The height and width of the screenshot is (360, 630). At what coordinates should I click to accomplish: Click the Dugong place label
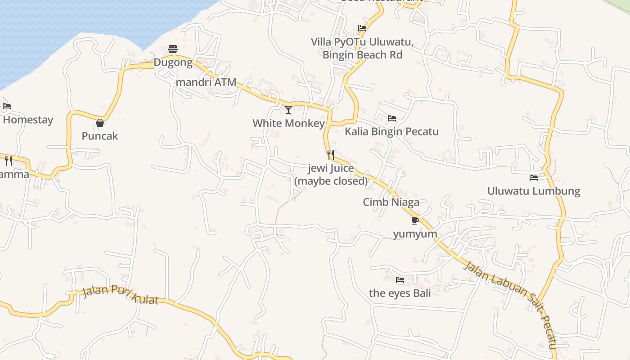click(173, 63)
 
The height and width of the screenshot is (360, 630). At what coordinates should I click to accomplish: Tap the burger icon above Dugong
click(173, 49)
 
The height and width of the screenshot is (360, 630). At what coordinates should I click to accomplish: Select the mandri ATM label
click(206, 82)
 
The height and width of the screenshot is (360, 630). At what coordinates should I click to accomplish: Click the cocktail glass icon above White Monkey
click(288, 109)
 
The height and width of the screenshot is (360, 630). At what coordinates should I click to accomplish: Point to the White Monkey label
click(288, 123)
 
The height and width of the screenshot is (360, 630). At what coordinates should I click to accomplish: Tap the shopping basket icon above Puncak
click(100, 122)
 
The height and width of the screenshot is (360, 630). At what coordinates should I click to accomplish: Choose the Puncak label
click(100, 136)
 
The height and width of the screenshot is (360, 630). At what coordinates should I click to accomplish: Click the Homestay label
click(28, 120)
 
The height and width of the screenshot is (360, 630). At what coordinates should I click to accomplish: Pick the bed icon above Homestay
click(7, 107)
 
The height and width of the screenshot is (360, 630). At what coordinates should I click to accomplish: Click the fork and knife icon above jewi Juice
click(331, 155)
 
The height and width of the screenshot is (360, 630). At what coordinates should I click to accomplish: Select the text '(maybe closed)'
click(331, 181)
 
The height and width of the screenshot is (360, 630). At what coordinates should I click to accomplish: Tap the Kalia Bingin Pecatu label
click(391, 131)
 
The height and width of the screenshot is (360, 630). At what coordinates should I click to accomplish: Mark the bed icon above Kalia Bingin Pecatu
click(392, 118)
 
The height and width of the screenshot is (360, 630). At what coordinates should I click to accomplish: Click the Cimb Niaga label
click(391, 202)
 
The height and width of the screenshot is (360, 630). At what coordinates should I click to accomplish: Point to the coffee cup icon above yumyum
click(415, 220)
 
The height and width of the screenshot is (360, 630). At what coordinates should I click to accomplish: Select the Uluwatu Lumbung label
click(534, 191)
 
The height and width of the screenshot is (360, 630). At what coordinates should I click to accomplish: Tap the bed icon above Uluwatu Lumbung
click(534, 178)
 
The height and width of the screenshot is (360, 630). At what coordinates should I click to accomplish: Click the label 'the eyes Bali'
click(400, 293)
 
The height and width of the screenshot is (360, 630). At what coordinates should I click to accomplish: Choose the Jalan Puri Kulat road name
click(121, 295)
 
